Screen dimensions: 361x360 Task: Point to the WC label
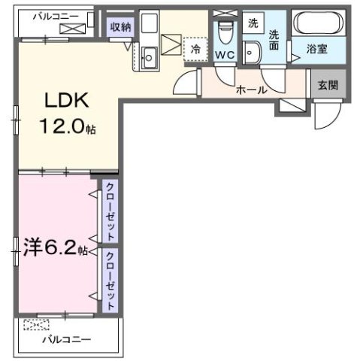point(225,54)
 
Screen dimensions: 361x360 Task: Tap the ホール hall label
point(250,89)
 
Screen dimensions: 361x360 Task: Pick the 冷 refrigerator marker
point(195,47)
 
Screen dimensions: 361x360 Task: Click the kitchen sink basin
point(148,56)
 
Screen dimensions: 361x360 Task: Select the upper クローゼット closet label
point(110,212)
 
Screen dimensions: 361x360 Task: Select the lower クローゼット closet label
point(110,279)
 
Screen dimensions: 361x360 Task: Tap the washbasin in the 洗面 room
point(254,53)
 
